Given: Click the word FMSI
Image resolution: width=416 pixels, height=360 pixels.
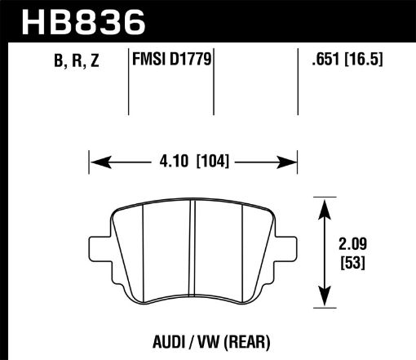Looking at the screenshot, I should click(148, 59).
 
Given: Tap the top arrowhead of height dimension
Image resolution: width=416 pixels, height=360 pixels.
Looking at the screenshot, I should click(325, 201).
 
